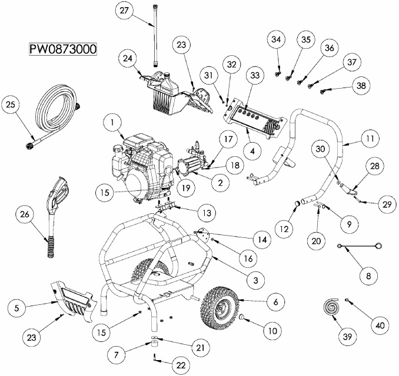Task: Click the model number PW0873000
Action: (x=64, y=48)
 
